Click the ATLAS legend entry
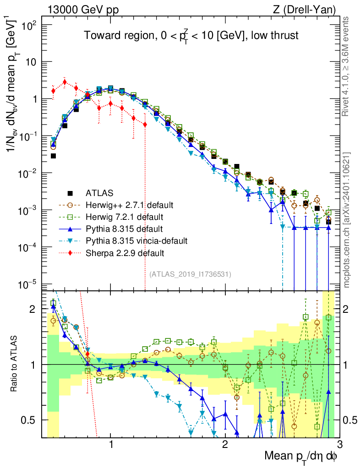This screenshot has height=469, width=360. (x=98, y=192)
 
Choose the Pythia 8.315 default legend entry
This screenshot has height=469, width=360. (x=117, y=228)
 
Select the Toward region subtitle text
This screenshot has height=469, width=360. (x=191, y=36)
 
